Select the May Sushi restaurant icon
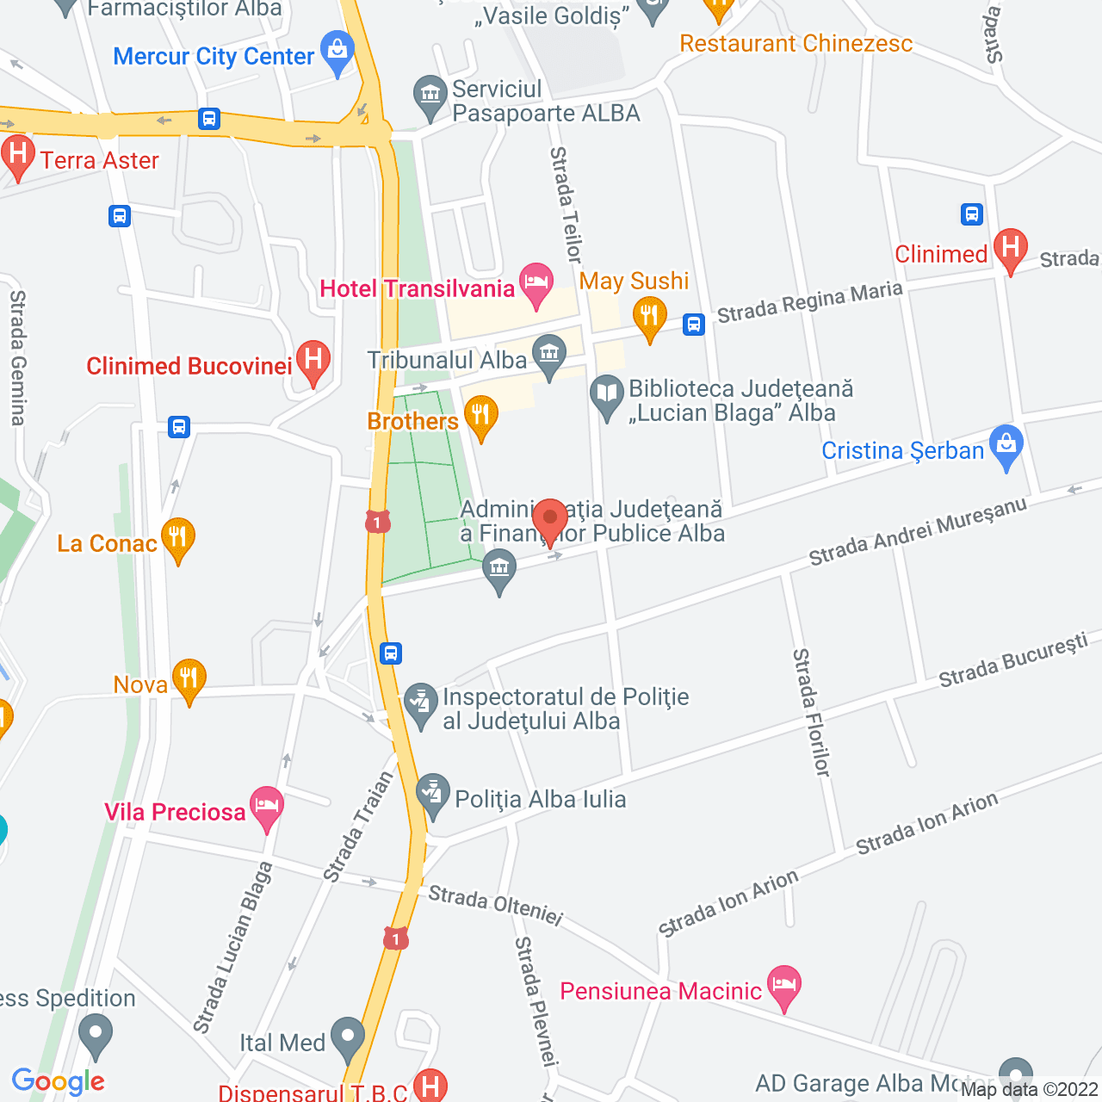pyautogui.click(x=649, y=316)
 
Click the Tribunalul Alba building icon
pyautogui.click(x=549, y=353)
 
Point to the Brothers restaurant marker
pyautogui.click(x=480, y=415)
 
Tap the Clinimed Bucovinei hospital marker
pyautogui.click(x=313, y=360)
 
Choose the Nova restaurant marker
pyautogui.click(x=189, y=678)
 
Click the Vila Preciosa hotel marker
pyautogui.click(x=267, y=806)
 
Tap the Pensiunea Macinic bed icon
pyautogui.click(x=783, y=985)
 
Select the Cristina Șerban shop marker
pyautogui.click(x=1006, y=445)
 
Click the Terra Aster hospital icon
pyautogui.click(x=17, y=155)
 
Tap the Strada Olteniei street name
pyautogui.click(x=495, y=905)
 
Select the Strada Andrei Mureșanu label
pyautogui.click(x=918, y=531)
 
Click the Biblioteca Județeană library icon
pyautogui.click(x=607, y=395)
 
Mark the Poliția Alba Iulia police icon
pyautogui.click(x=432, y=794)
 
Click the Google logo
pyautogui.click(x=59, y=1081)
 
